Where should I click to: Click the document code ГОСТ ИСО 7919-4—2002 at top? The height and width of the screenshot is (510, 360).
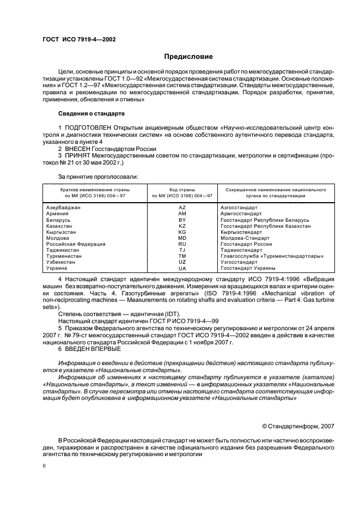(79, 39)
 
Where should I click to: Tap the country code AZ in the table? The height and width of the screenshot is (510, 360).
(182, 208)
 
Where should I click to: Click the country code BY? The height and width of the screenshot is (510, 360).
(182, 220)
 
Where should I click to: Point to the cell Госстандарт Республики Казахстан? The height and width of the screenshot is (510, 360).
(265, 226)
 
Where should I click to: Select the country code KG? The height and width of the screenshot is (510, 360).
(182, 232)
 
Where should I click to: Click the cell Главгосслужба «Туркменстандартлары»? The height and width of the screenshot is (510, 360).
(272, 256)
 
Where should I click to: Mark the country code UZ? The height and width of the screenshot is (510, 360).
(182, 262)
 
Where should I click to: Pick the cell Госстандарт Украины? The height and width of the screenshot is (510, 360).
(248, 268)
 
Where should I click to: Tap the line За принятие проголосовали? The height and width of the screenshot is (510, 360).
(90, 177)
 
